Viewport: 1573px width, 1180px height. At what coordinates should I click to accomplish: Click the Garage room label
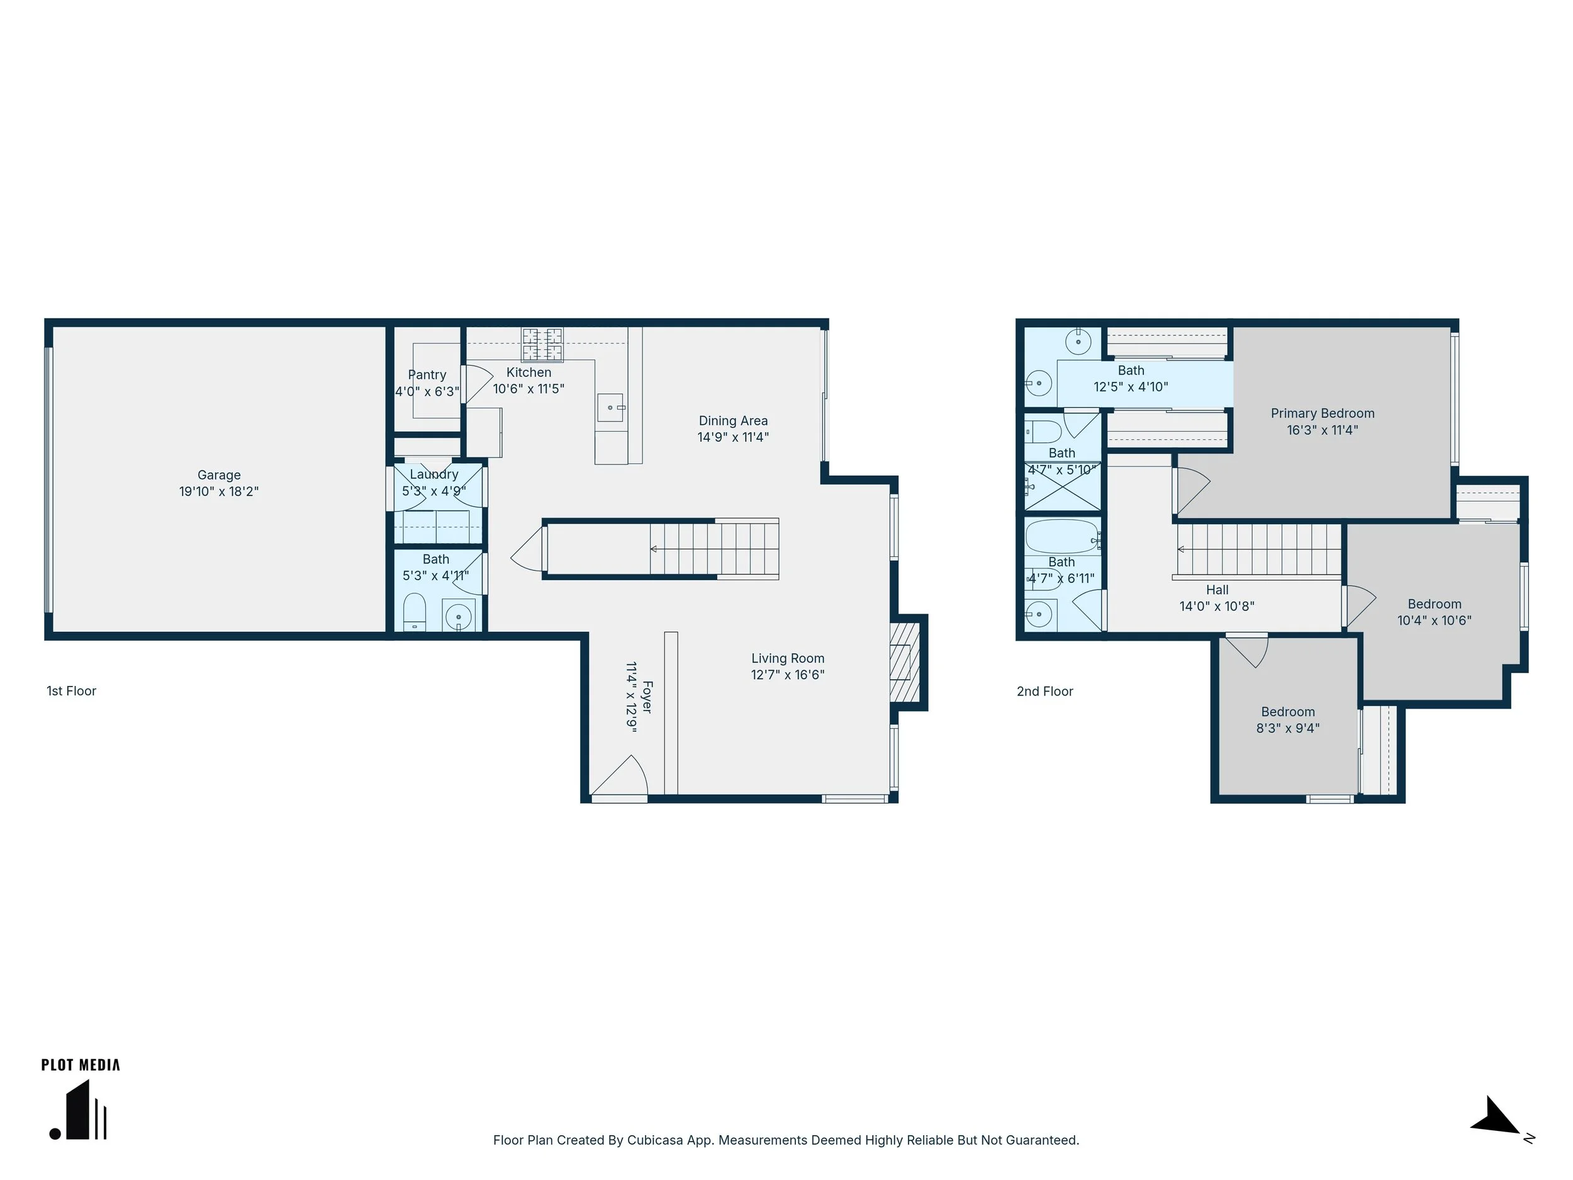[219, 475]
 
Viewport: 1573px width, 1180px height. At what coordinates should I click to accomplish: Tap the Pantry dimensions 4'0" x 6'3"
[427, 391]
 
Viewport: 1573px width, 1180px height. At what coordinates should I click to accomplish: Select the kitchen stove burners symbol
[542, 345]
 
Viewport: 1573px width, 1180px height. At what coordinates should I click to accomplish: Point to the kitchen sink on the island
[610, 408]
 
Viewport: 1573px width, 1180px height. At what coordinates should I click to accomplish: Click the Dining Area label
[733, 420]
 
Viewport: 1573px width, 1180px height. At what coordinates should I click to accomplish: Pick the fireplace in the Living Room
[905, 662]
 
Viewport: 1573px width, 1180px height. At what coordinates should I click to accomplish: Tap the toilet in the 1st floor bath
[414, 612]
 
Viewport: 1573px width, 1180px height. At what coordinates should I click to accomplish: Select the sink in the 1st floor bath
[459, 615]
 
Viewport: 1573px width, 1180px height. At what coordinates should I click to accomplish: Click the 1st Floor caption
[71, 690]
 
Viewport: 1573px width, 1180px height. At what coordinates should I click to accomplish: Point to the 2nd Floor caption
[1044, 690]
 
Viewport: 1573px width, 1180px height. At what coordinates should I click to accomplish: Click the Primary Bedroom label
[1323, 413]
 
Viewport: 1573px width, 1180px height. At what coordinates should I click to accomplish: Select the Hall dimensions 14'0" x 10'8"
[1217, 606]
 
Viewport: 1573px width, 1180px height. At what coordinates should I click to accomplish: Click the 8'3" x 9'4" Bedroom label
[1288, 711]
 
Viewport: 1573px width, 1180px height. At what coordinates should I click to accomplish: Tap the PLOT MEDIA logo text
[81, 1065]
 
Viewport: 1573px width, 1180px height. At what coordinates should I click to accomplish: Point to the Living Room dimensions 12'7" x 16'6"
[788, 674]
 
